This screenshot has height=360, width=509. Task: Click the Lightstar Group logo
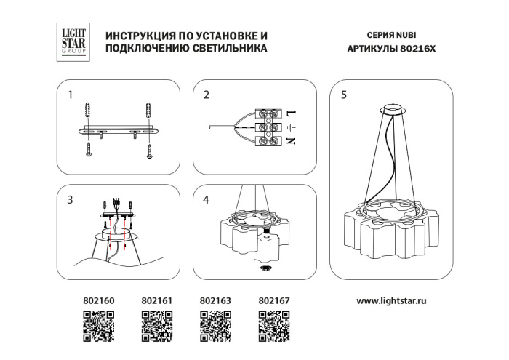(x=71, y=40)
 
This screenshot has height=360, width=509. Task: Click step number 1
(x=71, y=95)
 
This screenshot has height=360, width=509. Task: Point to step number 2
(x=207, y=95)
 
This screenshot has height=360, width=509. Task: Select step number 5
(x=344, y=95)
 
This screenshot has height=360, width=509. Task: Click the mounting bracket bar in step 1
(x=119, y=131)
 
